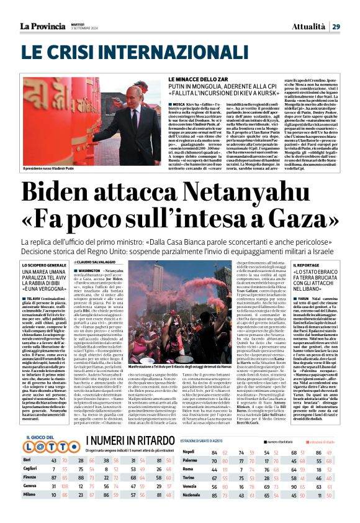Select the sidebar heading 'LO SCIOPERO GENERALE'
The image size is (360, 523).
(45, 265)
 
